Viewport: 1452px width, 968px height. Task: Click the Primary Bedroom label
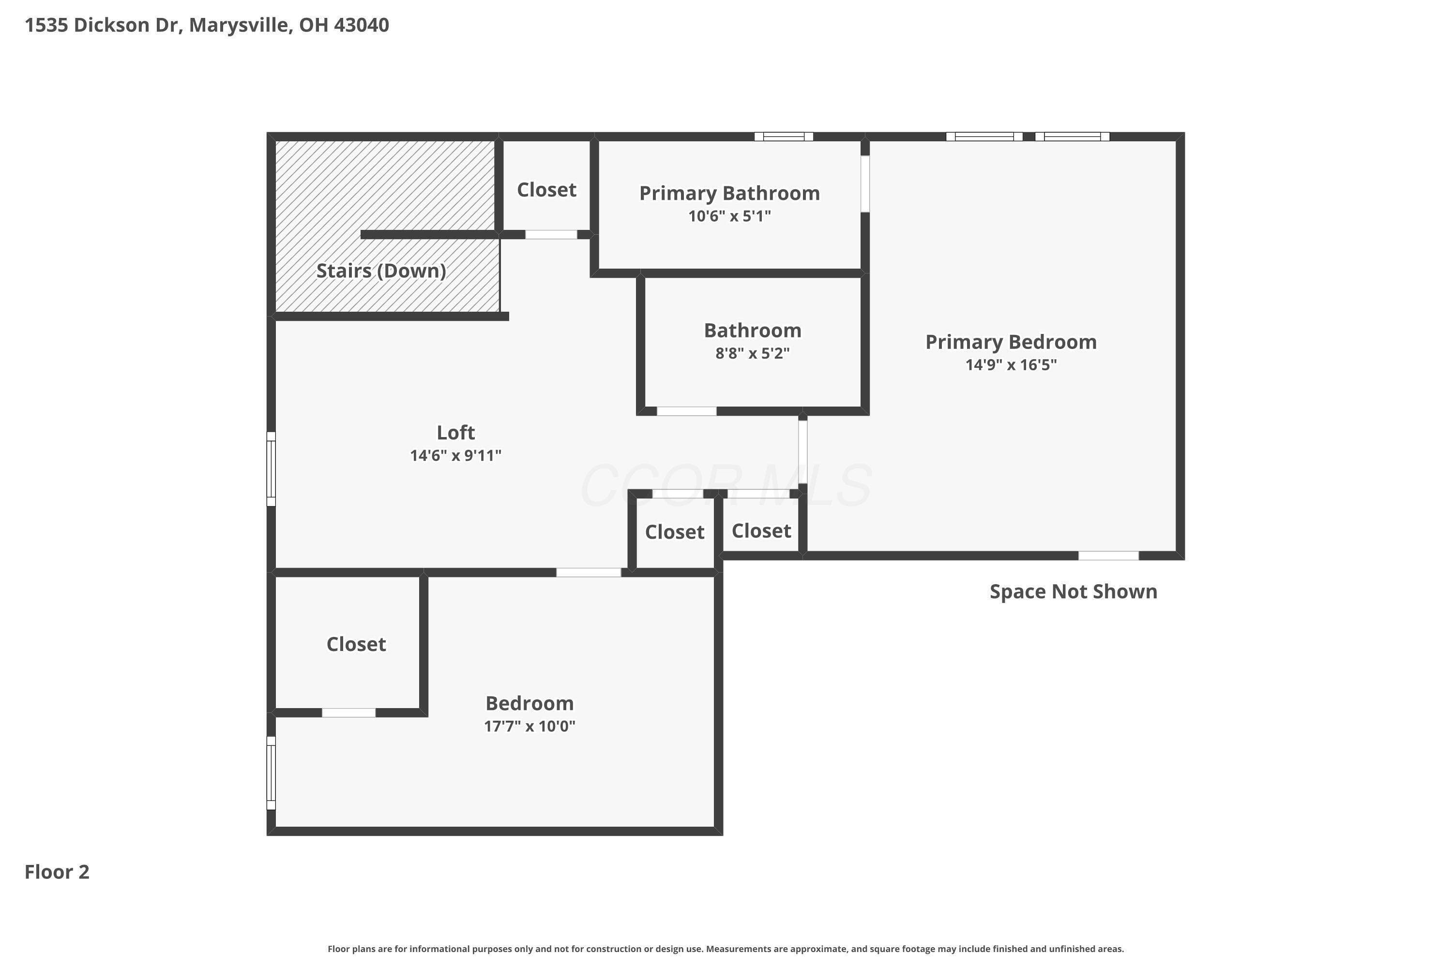1011,342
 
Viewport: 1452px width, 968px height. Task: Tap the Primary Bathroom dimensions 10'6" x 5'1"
730,216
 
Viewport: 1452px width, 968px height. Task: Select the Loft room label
455,432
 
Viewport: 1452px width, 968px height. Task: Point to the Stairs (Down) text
381,271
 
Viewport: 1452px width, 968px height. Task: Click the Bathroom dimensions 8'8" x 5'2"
753,353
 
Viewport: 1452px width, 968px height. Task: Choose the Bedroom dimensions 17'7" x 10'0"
529,726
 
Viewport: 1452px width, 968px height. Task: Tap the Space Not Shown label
1074,591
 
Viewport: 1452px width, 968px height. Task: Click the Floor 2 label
57,872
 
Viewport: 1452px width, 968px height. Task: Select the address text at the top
207,25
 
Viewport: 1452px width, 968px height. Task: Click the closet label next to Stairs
546,190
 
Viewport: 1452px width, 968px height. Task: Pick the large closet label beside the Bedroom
356,644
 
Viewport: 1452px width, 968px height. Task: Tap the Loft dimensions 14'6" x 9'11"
455,455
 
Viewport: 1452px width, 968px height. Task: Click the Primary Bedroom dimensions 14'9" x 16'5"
1011,365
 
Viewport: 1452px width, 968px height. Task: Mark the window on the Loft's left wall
271,469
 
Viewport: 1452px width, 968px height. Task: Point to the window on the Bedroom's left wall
271,773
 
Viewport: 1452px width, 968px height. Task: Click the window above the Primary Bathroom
784,136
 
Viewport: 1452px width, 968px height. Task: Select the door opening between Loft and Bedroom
589,572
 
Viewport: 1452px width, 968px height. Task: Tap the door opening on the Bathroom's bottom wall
686,411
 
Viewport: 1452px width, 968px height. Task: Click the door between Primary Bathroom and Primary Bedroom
865,184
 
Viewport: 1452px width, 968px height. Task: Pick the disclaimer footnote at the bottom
726,949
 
